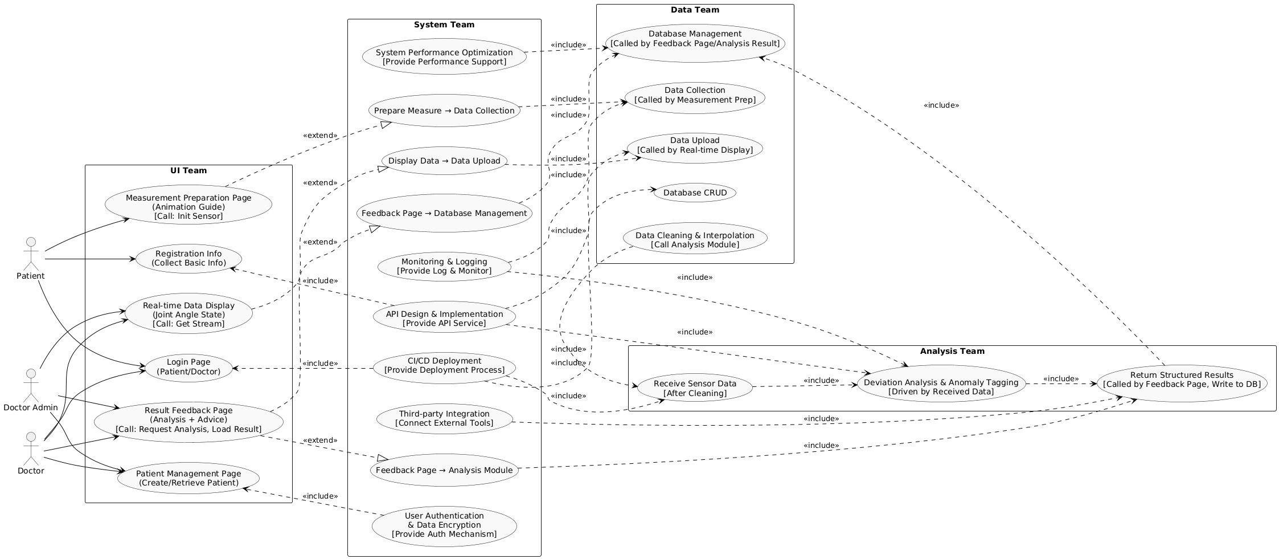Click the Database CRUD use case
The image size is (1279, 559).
[695, 193]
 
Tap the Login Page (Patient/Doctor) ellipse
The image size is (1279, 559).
[188, 367]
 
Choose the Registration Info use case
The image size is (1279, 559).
[188, 258]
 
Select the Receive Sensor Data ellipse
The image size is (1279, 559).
[695, 389]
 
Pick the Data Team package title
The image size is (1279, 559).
[695, 10]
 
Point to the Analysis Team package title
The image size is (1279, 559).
[952, 351]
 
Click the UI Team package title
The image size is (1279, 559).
[188, 170]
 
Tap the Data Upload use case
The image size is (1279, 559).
[695, 145]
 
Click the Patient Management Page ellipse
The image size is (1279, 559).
[188, 478]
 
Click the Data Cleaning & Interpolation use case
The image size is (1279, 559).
[695, 240]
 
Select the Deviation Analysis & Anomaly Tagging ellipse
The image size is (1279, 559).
[941, 387]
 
